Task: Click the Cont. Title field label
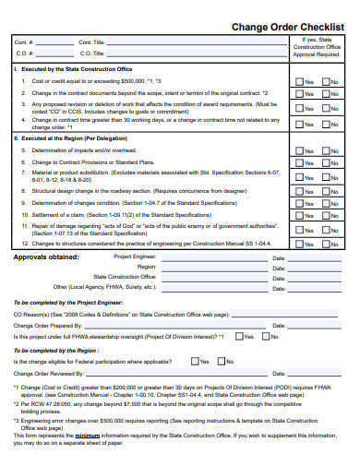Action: tap(91, 42)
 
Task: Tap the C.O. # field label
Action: tap(25, 54)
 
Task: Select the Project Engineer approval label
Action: tap(136, 257)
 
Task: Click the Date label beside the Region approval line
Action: tap(279, 267)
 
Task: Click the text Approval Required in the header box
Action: tap(317, 54)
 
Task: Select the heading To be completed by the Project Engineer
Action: tap(67, 302)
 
